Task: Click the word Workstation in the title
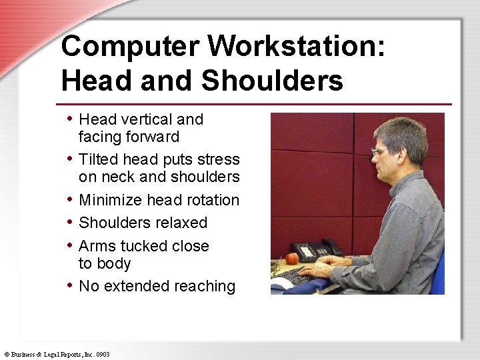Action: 296,47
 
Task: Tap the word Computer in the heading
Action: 130,47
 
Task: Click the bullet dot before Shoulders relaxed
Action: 71,222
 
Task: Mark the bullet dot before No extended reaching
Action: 71,285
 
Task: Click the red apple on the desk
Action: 291,258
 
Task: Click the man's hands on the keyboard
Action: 319,271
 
